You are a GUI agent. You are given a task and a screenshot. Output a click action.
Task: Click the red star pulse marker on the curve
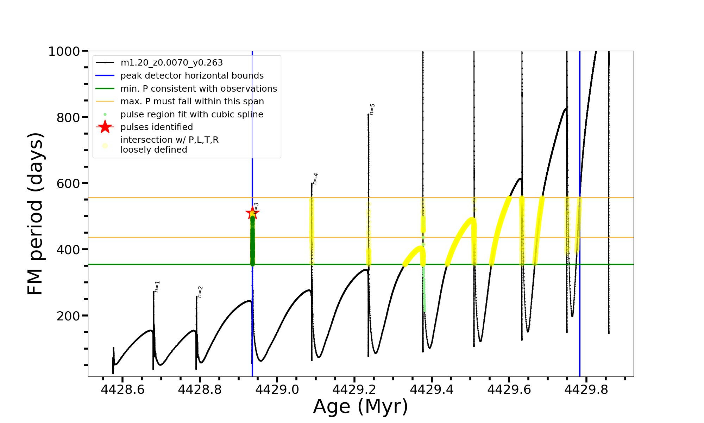[252, 213]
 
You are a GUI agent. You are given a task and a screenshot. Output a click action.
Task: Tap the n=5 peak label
[372, 109]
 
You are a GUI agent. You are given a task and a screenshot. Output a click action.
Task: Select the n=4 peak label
[315, 179]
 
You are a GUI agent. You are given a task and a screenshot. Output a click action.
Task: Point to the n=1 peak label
[157, 287]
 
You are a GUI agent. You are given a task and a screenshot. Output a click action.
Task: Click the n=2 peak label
[200, 292]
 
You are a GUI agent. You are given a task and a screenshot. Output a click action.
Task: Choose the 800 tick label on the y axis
[68, 117]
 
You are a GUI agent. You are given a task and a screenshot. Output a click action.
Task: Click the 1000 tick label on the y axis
[64, 51]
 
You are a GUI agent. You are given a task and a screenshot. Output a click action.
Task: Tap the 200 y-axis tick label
[68, 316]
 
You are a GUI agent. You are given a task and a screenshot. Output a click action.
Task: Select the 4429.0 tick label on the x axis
[277, 390]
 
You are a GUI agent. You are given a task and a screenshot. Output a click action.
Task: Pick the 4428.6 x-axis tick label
[122, 390]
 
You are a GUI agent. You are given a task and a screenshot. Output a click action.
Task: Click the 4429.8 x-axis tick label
[586, 390]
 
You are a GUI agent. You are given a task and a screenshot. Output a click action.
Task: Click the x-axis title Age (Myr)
[360, 406]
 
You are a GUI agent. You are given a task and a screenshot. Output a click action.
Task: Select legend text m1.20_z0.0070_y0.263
[171, 63]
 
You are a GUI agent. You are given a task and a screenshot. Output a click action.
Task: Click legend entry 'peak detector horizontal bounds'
[192, 76]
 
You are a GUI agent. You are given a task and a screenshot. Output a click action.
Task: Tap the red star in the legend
[105, 127]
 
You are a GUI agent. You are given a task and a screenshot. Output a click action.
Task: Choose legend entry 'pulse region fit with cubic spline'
[191, 115]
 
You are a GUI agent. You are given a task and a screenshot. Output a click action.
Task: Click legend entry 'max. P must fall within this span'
[192, 102]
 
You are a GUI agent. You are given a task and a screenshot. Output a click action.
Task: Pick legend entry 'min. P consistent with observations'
[199, 89]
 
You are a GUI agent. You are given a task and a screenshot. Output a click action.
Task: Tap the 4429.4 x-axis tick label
[432, 390]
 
